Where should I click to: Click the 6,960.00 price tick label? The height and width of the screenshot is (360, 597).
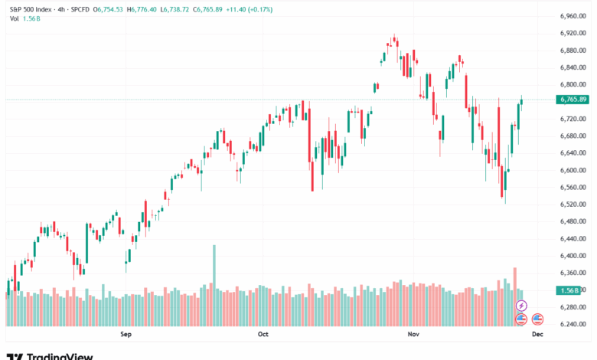573,16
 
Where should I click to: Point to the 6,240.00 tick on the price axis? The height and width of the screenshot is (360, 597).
573,324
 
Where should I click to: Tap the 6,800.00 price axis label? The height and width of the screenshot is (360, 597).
573,84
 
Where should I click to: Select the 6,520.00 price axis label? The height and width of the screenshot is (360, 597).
573,205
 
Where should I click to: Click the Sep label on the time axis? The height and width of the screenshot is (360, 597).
127,335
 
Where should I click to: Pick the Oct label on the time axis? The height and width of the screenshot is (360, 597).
263,335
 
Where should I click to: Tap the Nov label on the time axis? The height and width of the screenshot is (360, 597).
414,335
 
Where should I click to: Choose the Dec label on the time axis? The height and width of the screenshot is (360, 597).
537,335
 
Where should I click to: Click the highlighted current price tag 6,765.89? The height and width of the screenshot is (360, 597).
573,100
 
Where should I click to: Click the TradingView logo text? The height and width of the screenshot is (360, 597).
59,355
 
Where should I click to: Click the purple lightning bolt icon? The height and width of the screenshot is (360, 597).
522,306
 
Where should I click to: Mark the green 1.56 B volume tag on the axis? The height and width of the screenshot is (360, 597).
569,290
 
